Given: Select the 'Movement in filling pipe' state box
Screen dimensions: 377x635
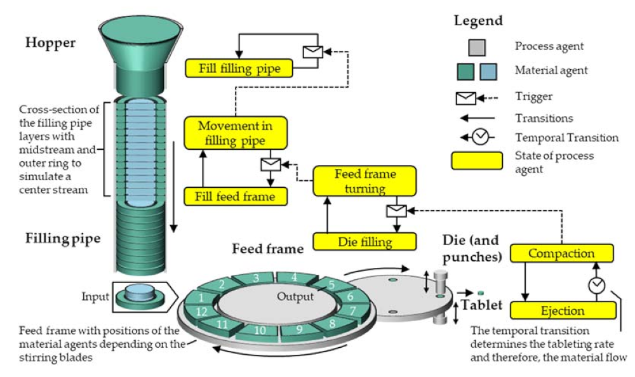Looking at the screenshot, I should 236,133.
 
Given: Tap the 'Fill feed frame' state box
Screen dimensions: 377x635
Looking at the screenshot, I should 236,196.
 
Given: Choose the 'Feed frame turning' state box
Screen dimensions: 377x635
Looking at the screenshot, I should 364,181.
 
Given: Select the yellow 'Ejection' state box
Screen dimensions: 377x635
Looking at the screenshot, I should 563,310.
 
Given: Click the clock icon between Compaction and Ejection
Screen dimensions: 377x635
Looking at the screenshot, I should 596,286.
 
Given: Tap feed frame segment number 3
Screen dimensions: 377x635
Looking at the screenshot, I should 255,277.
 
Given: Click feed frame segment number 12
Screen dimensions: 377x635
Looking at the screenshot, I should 201,311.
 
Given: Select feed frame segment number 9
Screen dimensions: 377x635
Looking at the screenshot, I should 298,329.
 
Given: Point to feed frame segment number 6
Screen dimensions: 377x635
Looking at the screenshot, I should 347,296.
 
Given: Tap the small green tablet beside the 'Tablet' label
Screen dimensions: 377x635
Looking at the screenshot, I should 481,292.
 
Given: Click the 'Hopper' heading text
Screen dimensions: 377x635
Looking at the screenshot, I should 50,43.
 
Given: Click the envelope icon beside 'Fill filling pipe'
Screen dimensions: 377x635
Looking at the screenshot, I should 312,52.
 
